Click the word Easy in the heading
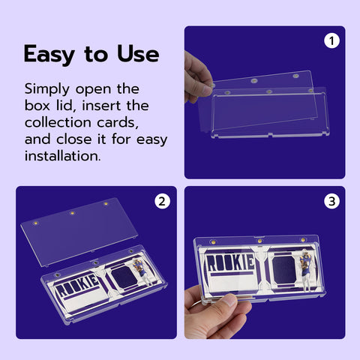[49, 55]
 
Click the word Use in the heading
[138, 54]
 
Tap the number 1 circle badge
[331, 40]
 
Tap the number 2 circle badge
[162, 201]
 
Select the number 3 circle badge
[331, 201]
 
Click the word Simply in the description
[47, 89]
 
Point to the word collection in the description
[58, 122]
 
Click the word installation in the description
[62, 156]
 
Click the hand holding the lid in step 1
[197, 78]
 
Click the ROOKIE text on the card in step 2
[77, 285]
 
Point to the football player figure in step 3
[306, 271]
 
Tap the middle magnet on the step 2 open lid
[72, 213]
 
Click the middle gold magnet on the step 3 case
[260, 241]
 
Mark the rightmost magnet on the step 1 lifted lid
[295, 76]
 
